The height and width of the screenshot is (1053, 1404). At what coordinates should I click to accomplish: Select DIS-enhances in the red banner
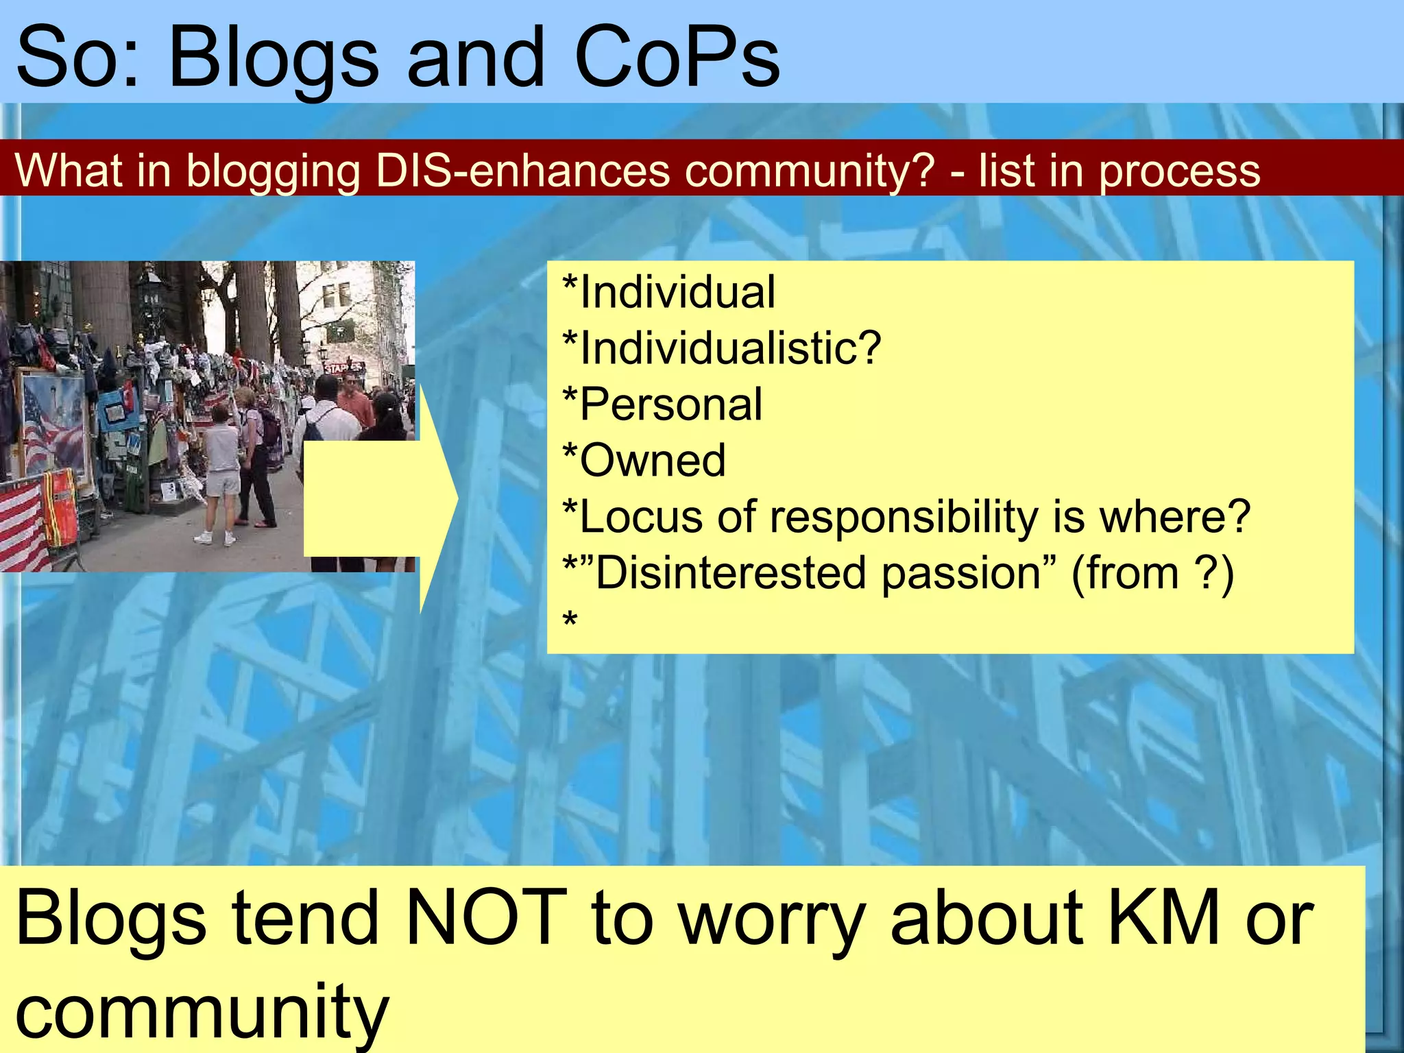pos(522,170)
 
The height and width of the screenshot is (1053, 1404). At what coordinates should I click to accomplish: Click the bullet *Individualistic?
pos(721,348)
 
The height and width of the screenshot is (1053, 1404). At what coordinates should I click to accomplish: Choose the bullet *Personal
pos(662,404)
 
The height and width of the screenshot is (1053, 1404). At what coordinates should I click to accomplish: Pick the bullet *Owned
pos(644,460)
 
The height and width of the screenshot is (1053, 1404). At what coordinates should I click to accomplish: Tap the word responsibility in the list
pos(904,516)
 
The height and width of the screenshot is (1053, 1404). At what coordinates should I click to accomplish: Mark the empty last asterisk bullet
pos(570,620)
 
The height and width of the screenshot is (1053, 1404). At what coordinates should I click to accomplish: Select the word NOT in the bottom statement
pos(485,917)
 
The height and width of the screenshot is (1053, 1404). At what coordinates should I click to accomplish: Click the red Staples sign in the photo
pos(341,368)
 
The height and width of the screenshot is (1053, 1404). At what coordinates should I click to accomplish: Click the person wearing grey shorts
pos(221,473)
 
